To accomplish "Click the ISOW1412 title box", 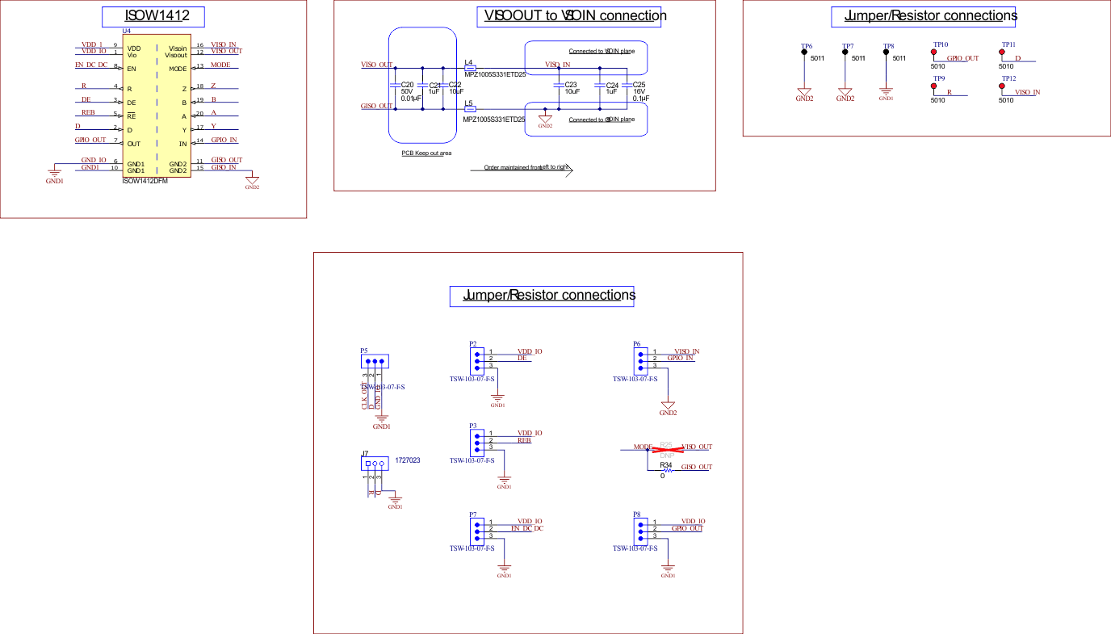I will click(x=153, y=17).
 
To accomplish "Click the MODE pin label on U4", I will click(x=178, y=69).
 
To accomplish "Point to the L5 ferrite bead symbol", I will click(x=471, y=109).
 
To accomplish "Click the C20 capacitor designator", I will click(x=407, y=85).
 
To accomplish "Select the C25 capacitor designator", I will click(x=639, y=85).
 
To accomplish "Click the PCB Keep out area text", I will click(x=426, y=153).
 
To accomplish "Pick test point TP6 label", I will click(x=806, y=47).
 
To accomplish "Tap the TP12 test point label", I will click(x=1008, y=78).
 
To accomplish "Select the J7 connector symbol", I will click(x=375, y=464).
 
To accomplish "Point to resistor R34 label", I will click(x=666, y=466).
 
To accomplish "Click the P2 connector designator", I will click(x=472, y=344).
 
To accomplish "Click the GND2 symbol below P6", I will click(x=668, y=406).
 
